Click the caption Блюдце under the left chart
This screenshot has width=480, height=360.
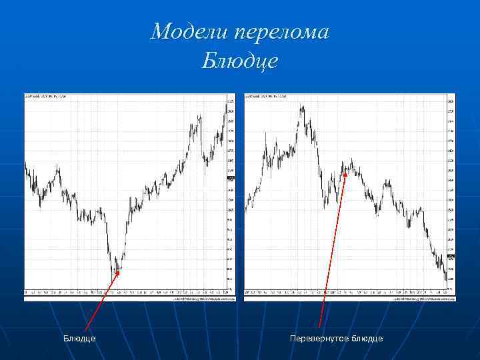[x=79, y=339]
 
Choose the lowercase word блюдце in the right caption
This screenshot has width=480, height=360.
[x=367, y=339]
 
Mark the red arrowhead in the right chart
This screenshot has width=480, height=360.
[x=345, y=174]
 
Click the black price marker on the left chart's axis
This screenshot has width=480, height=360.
[x=231, y=179]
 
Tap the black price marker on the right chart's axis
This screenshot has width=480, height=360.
[x=451, y=257]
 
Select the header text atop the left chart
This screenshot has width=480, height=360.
[x=47, y=97]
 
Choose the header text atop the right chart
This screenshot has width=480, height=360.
[x=267, y=97]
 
